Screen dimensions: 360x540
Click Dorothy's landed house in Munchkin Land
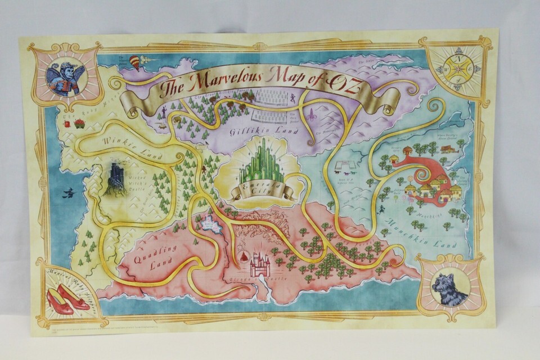pyautogui.click(x=448, y=149)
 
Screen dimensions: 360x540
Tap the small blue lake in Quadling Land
pyautogui.click(x=211, y=224)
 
